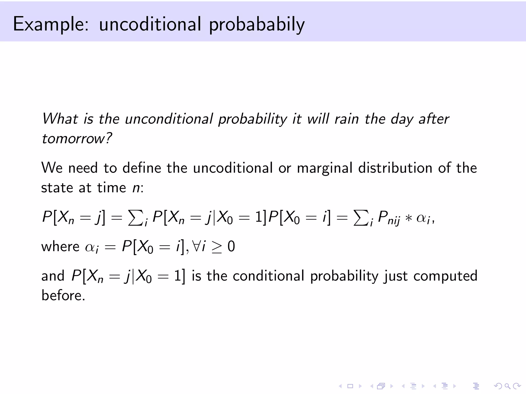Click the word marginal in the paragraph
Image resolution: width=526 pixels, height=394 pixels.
coord(325,168)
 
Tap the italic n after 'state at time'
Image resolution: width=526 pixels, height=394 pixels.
coord(136,188)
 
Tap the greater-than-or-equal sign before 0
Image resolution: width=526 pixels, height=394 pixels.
coord(217,248)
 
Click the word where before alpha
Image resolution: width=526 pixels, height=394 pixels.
coord(60,247)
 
